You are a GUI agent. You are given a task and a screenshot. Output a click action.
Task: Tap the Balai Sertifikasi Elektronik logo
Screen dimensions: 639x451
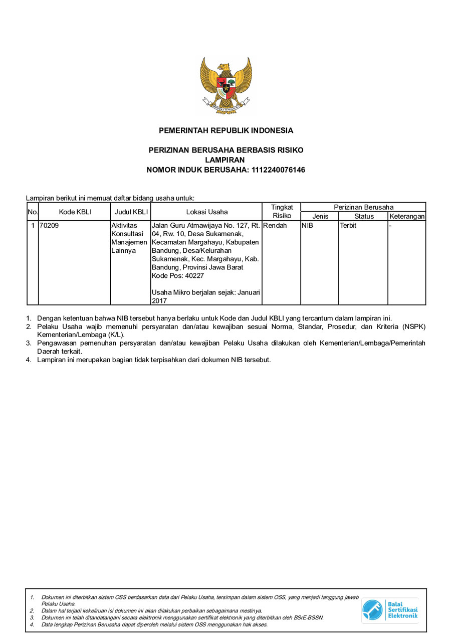(390, 610)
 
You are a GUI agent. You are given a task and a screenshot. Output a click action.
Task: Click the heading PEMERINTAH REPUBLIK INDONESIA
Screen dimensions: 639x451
(225, 130)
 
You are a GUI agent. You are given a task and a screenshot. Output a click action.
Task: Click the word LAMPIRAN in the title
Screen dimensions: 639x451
(225, 160)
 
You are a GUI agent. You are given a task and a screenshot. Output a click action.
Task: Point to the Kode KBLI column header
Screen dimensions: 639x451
(75, 212)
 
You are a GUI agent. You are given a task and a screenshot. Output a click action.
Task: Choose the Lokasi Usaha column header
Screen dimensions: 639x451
(206, 212)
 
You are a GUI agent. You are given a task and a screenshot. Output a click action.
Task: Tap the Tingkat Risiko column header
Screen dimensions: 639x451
(282, 211)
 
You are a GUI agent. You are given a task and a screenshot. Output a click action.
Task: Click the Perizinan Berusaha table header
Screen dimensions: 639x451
(363, 207)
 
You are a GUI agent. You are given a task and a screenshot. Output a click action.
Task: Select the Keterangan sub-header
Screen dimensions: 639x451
(407, 216)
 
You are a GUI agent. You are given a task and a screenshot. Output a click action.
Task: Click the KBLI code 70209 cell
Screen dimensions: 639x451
(49, 226)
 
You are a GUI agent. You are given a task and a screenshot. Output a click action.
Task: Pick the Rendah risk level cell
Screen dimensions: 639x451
(275, 226)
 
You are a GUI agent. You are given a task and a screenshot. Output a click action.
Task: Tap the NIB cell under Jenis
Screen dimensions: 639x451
(307, 226)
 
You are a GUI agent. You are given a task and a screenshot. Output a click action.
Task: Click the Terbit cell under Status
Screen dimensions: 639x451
(348, 226)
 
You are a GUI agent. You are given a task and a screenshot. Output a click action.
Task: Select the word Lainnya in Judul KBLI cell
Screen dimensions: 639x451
(124, 250)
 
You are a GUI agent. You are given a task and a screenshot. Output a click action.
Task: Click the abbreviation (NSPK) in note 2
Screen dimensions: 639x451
(415, 327)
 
